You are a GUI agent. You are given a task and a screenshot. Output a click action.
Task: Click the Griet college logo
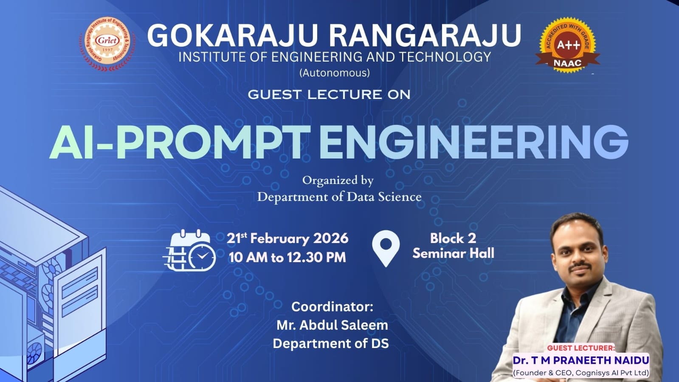107,44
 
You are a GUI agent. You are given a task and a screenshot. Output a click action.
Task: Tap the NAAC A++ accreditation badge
567,45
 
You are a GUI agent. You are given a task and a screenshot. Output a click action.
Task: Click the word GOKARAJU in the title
232,35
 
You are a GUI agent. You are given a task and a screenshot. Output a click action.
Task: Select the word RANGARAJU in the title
425,35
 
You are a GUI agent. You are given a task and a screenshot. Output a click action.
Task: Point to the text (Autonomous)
334,73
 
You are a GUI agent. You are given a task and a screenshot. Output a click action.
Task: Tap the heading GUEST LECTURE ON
329,94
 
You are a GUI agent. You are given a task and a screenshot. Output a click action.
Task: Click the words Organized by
338,181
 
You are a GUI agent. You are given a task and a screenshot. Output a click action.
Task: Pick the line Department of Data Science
339,197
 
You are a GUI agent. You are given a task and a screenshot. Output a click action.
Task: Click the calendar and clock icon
189,250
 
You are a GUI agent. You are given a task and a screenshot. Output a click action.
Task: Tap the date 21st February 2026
287,238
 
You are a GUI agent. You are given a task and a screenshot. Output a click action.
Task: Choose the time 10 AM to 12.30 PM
287,257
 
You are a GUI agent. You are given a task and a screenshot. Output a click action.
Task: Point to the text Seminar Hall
453,253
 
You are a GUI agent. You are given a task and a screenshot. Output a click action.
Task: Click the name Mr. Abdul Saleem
332,325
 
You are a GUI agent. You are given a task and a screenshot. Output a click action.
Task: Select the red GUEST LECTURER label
581,348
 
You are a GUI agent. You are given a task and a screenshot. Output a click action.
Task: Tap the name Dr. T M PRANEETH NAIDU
581,360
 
